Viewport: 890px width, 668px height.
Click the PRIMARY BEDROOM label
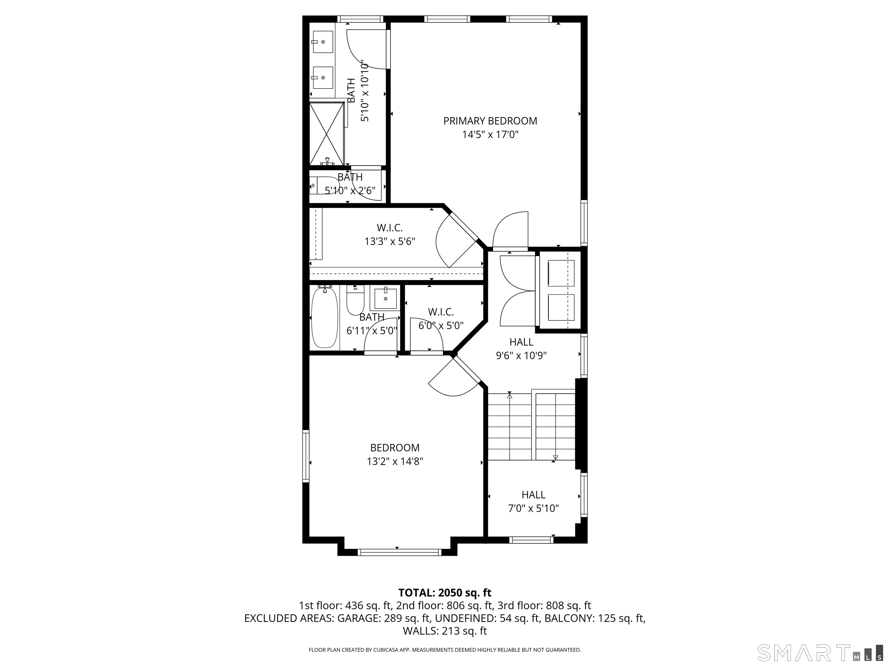(490, 121)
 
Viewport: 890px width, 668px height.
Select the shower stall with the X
(327, 133)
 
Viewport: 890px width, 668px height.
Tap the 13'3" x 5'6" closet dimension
(389, 242)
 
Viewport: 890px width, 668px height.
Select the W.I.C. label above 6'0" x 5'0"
(441, 312)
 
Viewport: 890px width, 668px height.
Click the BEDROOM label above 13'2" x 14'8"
(395, 448)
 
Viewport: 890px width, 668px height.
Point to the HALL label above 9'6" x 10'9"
(521, 342)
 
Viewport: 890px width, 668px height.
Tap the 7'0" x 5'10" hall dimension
(534, 509)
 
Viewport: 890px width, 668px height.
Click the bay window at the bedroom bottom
(399, 552)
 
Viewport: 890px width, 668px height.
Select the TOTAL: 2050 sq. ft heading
(445, 593)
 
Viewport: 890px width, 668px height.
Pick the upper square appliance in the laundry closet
(561, 273)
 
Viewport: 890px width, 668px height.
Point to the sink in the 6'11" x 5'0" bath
(385, 299)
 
